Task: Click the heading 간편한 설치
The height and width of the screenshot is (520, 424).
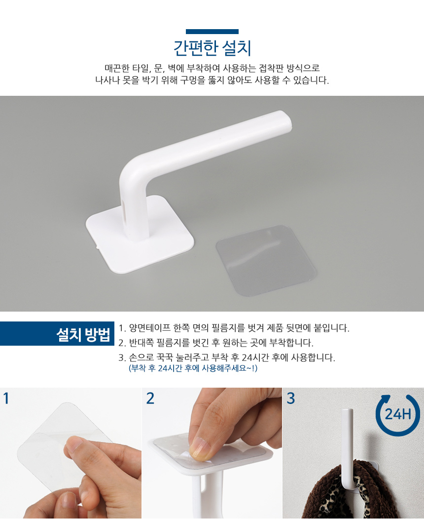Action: (212, 48)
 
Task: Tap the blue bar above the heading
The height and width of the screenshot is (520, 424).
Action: (212, 32)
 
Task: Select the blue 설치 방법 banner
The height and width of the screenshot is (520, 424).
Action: (57, 334)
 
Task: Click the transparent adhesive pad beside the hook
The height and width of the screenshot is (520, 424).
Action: (266, 260)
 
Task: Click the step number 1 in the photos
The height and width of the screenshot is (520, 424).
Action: (6, 399)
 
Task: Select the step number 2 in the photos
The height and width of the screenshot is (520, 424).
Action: (150, 399)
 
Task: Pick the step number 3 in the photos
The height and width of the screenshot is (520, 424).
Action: (290, 399)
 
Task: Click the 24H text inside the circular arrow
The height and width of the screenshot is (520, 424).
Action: (398, 414)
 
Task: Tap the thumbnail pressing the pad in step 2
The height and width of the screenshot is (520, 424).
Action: (199, 449)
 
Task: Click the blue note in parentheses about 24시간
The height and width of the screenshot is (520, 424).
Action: (193, 368)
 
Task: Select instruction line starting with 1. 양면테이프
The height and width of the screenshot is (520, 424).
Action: (234, 328)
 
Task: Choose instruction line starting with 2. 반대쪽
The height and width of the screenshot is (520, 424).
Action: (216, 343)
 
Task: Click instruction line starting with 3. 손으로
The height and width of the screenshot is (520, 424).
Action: (227, 358)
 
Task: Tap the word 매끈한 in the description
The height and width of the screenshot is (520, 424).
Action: (117, 68)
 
